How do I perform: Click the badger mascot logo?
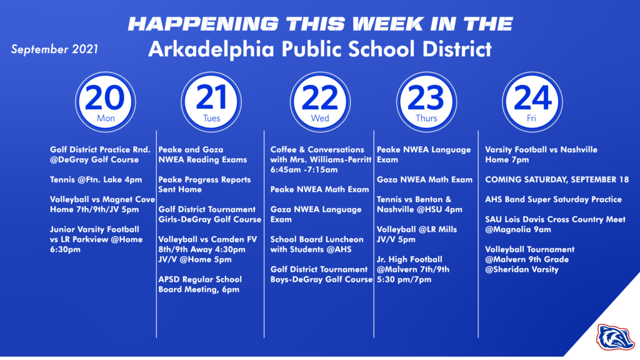click(x=615, y=337)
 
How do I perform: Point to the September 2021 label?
click(x=54, y=49)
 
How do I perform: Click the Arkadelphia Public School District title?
click(x=319, y=49)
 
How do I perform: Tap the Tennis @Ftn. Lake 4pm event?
click(x=95, y=179)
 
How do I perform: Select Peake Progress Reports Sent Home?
click(x=204, y=184)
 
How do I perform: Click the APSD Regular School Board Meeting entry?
click(x=200, y=284)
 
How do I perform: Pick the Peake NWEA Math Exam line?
click(x=319, y=189)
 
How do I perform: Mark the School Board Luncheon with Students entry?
click(x=316, y=244)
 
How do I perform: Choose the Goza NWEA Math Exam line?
click(x=424, y=179)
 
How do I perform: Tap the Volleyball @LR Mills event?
click(x=416, y=234)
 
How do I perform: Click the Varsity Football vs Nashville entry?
click(x=541, y=154)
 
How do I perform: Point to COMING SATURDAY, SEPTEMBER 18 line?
click(x=557, y=179)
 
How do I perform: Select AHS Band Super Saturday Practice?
click(x=553, y=199)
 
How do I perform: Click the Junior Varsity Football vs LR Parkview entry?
click(x=96, y=239)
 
